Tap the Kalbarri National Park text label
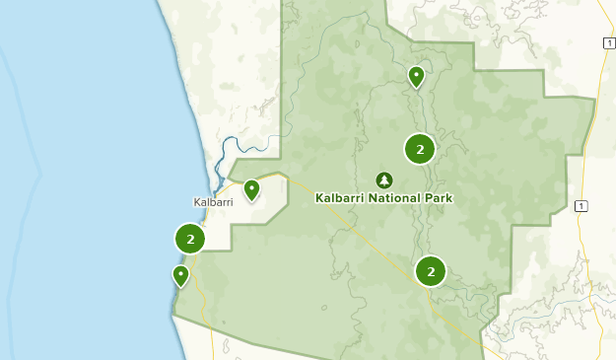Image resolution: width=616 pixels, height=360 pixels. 383,197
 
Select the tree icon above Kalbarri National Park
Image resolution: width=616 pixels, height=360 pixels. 383,180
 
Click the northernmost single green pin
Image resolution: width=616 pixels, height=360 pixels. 417,76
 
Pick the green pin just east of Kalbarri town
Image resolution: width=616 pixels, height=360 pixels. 251,189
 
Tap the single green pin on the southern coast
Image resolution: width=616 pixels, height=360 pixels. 180,275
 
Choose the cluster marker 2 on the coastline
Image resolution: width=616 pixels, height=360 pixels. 189,239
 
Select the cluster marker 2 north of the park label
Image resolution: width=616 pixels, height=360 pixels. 420,150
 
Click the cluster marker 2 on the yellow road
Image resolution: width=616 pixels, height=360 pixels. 431,270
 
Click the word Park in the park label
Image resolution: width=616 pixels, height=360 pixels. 438,197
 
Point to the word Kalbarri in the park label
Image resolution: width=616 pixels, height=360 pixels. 338,197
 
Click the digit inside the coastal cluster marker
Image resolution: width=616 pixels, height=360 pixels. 189,239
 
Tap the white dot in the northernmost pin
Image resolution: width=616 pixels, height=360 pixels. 417,73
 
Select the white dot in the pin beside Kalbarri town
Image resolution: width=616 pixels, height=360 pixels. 251,186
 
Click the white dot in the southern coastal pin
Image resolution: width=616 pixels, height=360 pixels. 180,272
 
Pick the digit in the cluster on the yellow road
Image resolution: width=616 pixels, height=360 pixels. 431,270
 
